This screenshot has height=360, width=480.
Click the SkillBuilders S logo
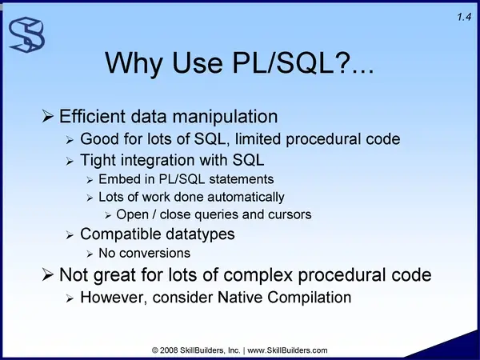point(26,34)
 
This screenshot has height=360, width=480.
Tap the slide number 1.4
point(464,17)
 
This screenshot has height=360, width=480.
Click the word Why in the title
point(133,63)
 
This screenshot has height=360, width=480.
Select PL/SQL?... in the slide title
point(302,62)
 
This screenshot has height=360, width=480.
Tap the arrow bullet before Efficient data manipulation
point(47,116)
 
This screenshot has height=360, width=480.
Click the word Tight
point(98,160)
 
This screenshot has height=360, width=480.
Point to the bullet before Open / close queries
point(108,215)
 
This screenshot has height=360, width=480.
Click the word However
point(114,298)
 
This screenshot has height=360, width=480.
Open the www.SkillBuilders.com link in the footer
point(287,350)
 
